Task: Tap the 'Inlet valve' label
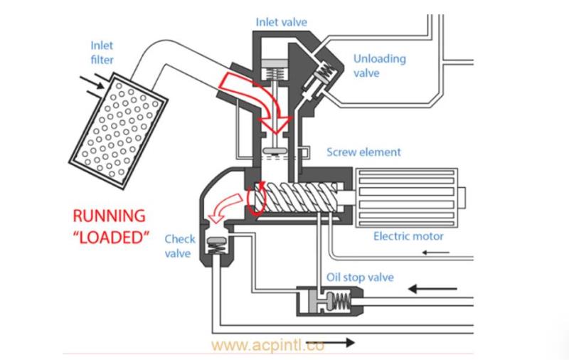point(282,21)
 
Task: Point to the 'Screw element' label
point(363,152)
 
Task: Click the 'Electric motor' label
point(408,236)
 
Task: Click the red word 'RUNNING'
point(110,215)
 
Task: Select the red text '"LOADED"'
point(110,236)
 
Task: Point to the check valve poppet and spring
point(214,248)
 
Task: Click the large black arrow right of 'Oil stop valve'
point(431,288)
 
